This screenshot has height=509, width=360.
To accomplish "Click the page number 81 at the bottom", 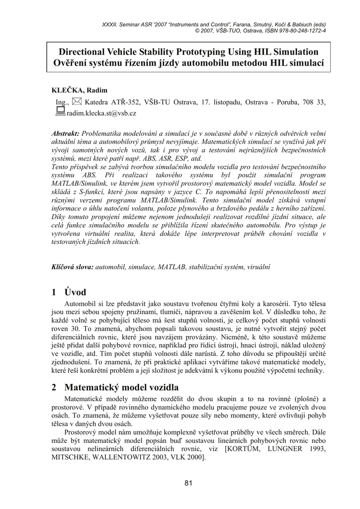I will (x=188, y=483).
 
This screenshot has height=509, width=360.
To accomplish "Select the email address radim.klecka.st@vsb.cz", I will (x=101, y=113).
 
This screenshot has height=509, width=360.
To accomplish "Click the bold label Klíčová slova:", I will (x=73, y=267).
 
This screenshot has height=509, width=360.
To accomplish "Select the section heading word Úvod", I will (x=75, y=292).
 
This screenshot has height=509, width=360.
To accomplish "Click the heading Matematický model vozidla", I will (x=121, y=387).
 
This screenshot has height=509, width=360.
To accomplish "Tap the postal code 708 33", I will (x=314, y=102).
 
